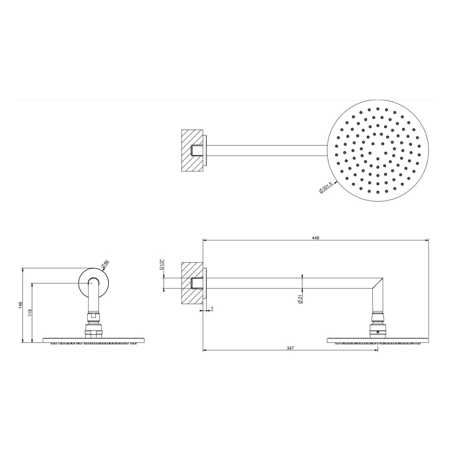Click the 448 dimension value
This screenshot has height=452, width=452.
point(316,238)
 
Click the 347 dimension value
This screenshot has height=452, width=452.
point(290,348)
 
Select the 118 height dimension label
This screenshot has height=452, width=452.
point(30,313)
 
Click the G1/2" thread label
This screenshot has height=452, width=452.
point(161,265)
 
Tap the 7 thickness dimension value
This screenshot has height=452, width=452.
point(212,309)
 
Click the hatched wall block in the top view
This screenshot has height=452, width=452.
point(192,150)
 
